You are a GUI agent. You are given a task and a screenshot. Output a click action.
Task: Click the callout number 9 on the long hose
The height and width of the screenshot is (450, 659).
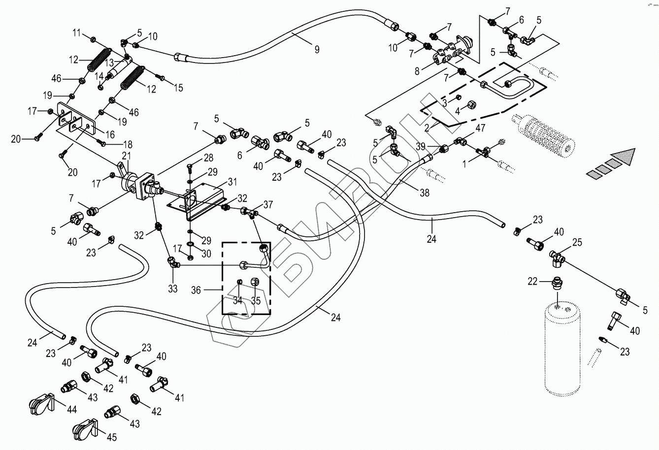click(317, 49)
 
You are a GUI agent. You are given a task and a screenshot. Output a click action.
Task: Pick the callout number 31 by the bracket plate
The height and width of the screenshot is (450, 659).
click(231, 182)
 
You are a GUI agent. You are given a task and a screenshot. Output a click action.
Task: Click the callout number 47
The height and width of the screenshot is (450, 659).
click(480, 129)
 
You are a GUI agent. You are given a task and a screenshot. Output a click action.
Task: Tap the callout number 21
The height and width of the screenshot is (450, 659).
click(127, 156)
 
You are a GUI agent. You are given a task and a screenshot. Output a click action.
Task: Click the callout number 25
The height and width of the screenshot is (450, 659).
click(577, 242)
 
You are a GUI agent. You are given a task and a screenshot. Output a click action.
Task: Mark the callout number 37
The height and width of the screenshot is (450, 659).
click(268, 205)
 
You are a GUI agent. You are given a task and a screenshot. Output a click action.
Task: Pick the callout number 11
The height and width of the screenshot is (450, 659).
click(76, 33)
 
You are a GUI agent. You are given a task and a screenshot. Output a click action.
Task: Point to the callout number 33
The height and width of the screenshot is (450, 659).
click(172, 289)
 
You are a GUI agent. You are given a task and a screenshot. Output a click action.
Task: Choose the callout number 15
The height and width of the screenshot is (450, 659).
click(178, 88)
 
